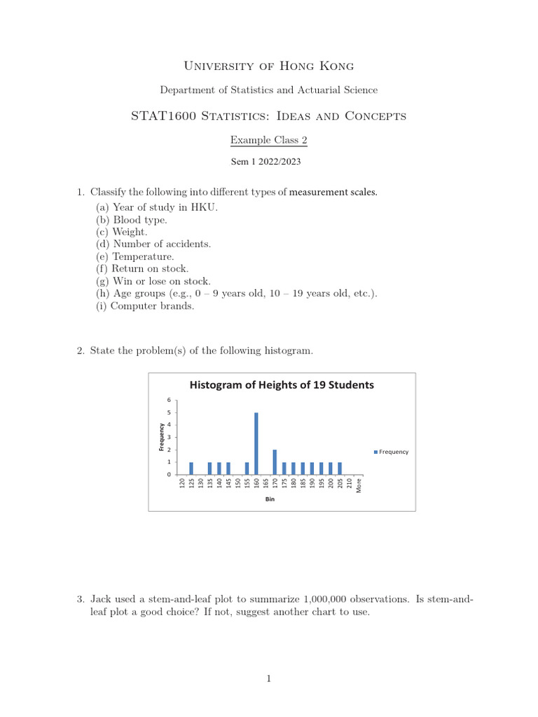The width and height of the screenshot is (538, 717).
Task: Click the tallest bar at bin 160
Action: tap(256, 443)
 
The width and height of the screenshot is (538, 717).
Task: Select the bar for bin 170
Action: tap(275, 462)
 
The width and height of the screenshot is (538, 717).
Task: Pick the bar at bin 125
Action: tap(191, 468)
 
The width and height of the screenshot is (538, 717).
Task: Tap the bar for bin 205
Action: tap(340, 468)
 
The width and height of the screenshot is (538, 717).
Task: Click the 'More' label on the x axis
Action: tap(359, 485)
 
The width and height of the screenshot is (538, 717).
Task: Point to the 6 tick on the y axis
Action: tap(168, 400)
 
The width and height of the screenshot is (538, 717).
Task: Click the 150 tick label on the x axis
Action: tap(237, 484)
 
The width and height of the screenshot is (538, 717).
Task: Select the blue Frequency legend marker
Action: tap(375, 452)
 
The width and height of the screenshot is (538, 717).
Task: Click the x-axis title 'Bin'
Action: tap(270, 501)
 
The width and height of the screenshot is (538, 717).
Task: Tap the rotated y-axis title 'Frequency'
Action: tap(162, 438)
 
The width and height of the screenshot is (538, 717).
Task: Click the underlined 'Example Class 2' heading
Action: tap(269, 140)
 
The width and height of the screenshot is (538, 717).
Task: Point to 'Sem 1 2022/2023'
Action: tap(269, 161)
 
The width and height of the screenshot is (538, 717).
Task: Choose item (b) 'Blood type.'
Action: tap(132, 219)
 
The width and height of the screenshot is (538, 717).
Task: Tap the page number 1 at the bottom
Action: tap(269, 678)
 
